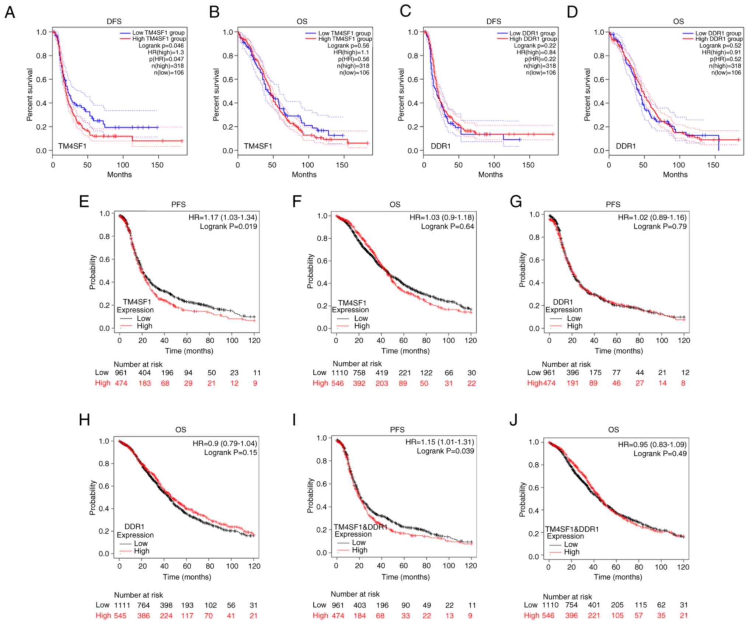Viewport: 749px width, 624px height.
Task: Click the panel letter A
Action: [10, 13]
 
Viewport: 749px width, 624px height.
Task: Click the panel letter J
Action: [513, 420]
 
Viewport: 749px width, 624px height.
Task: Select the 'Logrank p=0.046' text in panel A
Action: [161, 46]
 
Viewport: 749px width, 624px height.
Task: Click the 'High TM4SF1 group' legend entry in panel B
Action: [345, 39]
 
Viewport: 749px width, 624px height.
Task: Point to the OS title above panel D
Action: [678, 21]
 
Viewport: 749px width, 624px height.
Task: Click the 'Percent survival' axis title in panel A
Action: [30, 95]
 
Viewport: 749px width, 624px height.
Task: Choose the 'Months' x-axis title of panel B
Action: [304, 175]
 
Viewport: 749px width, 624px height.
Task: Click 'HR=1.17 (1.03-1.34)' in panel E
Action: [223, 217]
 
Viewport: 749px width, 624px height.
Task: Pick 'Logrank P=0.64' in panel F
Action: [447, 227]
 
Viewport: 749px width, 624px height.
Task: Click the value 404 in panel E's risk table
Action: [144, 373]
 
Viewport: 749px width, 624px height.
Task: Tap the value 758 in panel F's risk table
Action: [359, 373]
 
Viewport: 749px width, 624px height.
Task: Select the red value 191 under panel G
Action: [573, 383]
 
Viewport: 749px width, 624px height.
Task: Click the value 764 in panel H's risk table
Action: [143, 605]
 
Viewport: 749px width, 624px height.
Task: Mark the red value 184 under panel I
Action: [359, 616]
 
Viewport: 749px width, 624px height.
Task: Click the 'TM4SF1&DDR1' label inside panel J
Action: [572, 529]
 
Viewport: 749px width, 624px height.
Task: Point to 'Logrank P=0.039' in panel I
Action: [445, 451]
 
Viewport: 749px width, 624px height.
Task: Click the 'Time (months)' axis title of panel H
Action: [188, 576]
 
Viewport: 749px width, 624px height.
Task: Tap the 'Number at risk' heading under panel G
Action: [566, 364]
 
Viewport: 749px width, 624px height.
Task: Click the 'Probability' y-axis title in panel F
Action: [310, 271]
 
